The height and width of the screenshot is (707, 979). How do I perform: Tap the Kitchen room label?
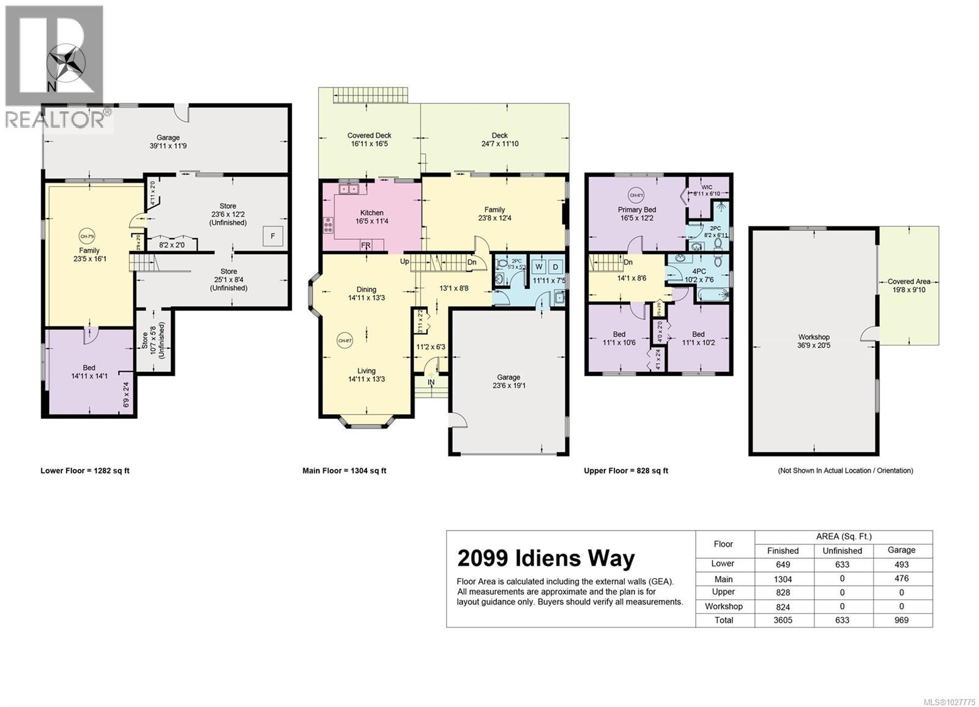(x=371, y=213)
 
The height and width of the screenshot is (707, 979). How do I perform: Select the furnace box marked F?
(x=273, y=236)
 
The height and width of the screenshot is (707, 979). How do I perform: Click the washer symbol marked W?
(x=539, y=267)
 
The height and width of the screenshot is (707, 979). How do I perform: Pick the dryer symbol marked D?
(x=556, y=267)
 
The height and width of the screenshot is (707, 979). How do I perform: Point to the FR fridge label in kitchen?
(x=366, y=246)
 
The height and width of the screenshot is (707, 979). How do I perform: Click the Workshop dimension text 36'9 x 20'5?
(x=814, y=345)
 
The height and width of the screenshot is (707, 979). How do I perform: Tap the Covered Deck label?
(x=369, y=136)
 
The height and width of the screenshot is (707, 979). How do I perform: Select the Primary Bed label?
(x=636, y=209)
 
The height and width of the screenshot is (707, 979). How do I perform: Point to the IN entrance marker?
(x=431, y=383)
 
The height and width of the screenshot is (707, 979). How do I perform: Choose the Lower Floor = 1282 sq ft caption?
(x=85, y=471)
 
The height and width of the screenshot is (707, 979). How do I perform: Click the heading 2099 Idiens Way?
(x=546, y=558)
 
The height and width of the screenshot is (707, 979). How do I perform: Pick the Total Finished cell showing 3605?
(x=783, y=620)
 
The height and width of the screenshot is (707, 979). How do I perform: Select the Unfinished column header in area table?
(x=842, y=550)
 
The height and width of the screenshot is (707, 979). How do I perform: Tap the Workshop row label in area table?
(x=723, y=606)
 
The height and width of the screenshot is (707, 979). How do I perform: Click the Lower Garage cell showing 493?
(x=901, y=564)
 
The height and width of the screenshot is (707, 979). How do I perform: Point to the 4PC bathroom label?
(x=699, y=271)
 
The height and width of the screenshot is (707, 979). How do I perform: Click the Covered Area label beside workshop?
(x=909, y=282)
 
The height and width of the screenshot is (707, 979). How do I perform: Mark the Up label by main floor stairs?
(x=404, y=261)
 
